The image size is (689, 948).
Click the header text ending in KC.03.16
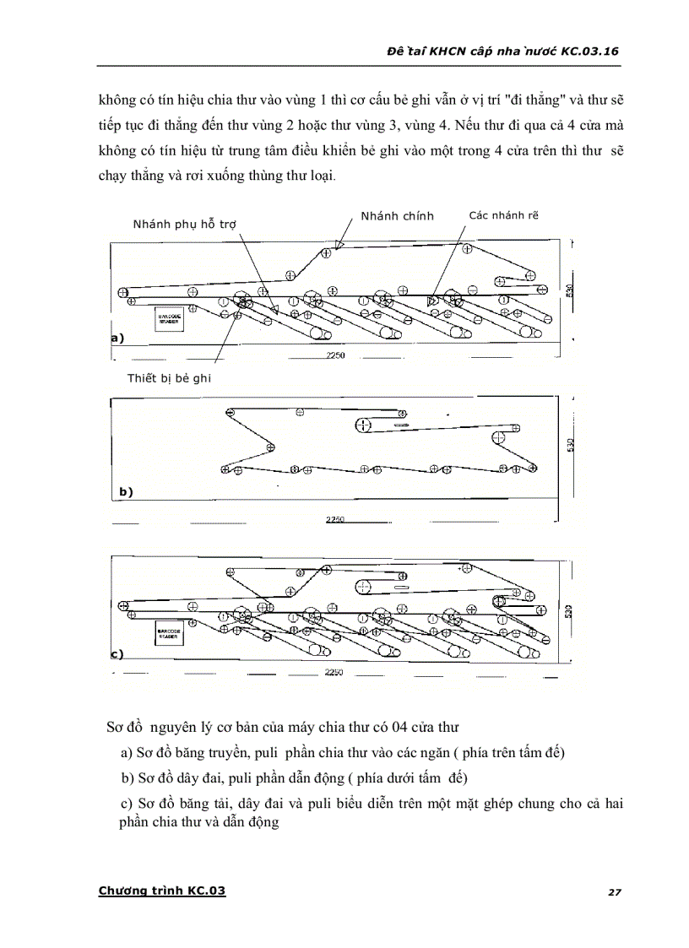[501, 51]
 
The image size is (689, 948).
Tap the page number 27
[614, 891]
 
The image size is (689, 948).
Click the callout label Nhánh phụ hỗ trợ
[184, 225]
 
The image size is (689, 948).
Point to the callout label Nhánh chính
[397, 216]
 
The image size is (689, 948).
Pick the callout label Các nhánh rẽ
[503, 215]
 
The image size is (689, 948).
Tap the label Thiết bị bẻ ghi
[169, 378]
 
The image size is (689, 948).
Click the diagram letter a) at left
[117, 338]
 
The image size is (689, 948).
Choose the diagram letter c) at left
[117, 653]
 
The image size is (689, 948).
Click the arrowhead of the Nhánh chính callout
[339, 244]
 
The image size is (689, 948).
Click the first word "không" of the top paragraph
[117, 100]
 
